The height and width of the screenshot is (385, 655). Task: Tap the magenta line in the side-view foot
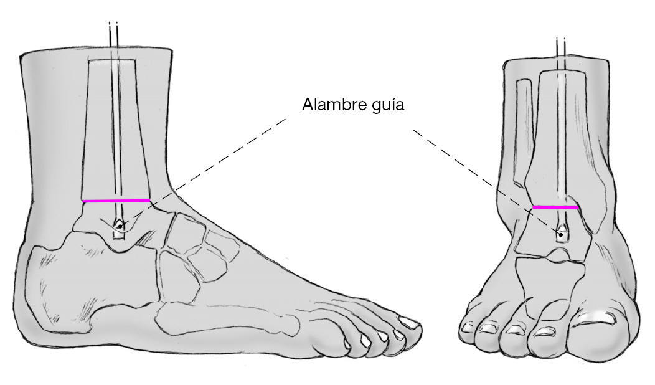(x=116, y=201)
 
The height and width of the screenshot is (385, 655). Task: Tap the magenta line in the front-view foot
(x=555, y=207)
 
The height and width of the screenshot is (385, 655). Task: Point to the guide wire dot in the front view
(x=560, y=235)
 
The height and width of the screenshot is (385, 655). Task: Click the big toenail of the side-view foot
(x=408, y=322)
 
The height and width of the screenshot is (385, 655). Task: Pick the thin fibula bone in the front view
(x=524, y=131)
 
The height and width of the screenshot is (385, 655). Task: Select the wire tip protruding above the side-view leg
(x=113, y=34)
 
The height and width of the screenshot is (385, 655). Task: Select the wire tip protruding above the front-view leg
(x=560, y=47)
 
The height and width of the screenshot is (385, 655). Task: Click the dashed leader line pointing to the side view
(x=205, y=165)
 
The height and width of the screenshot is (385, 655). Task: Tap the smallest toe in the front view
(x=468, y=330)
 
